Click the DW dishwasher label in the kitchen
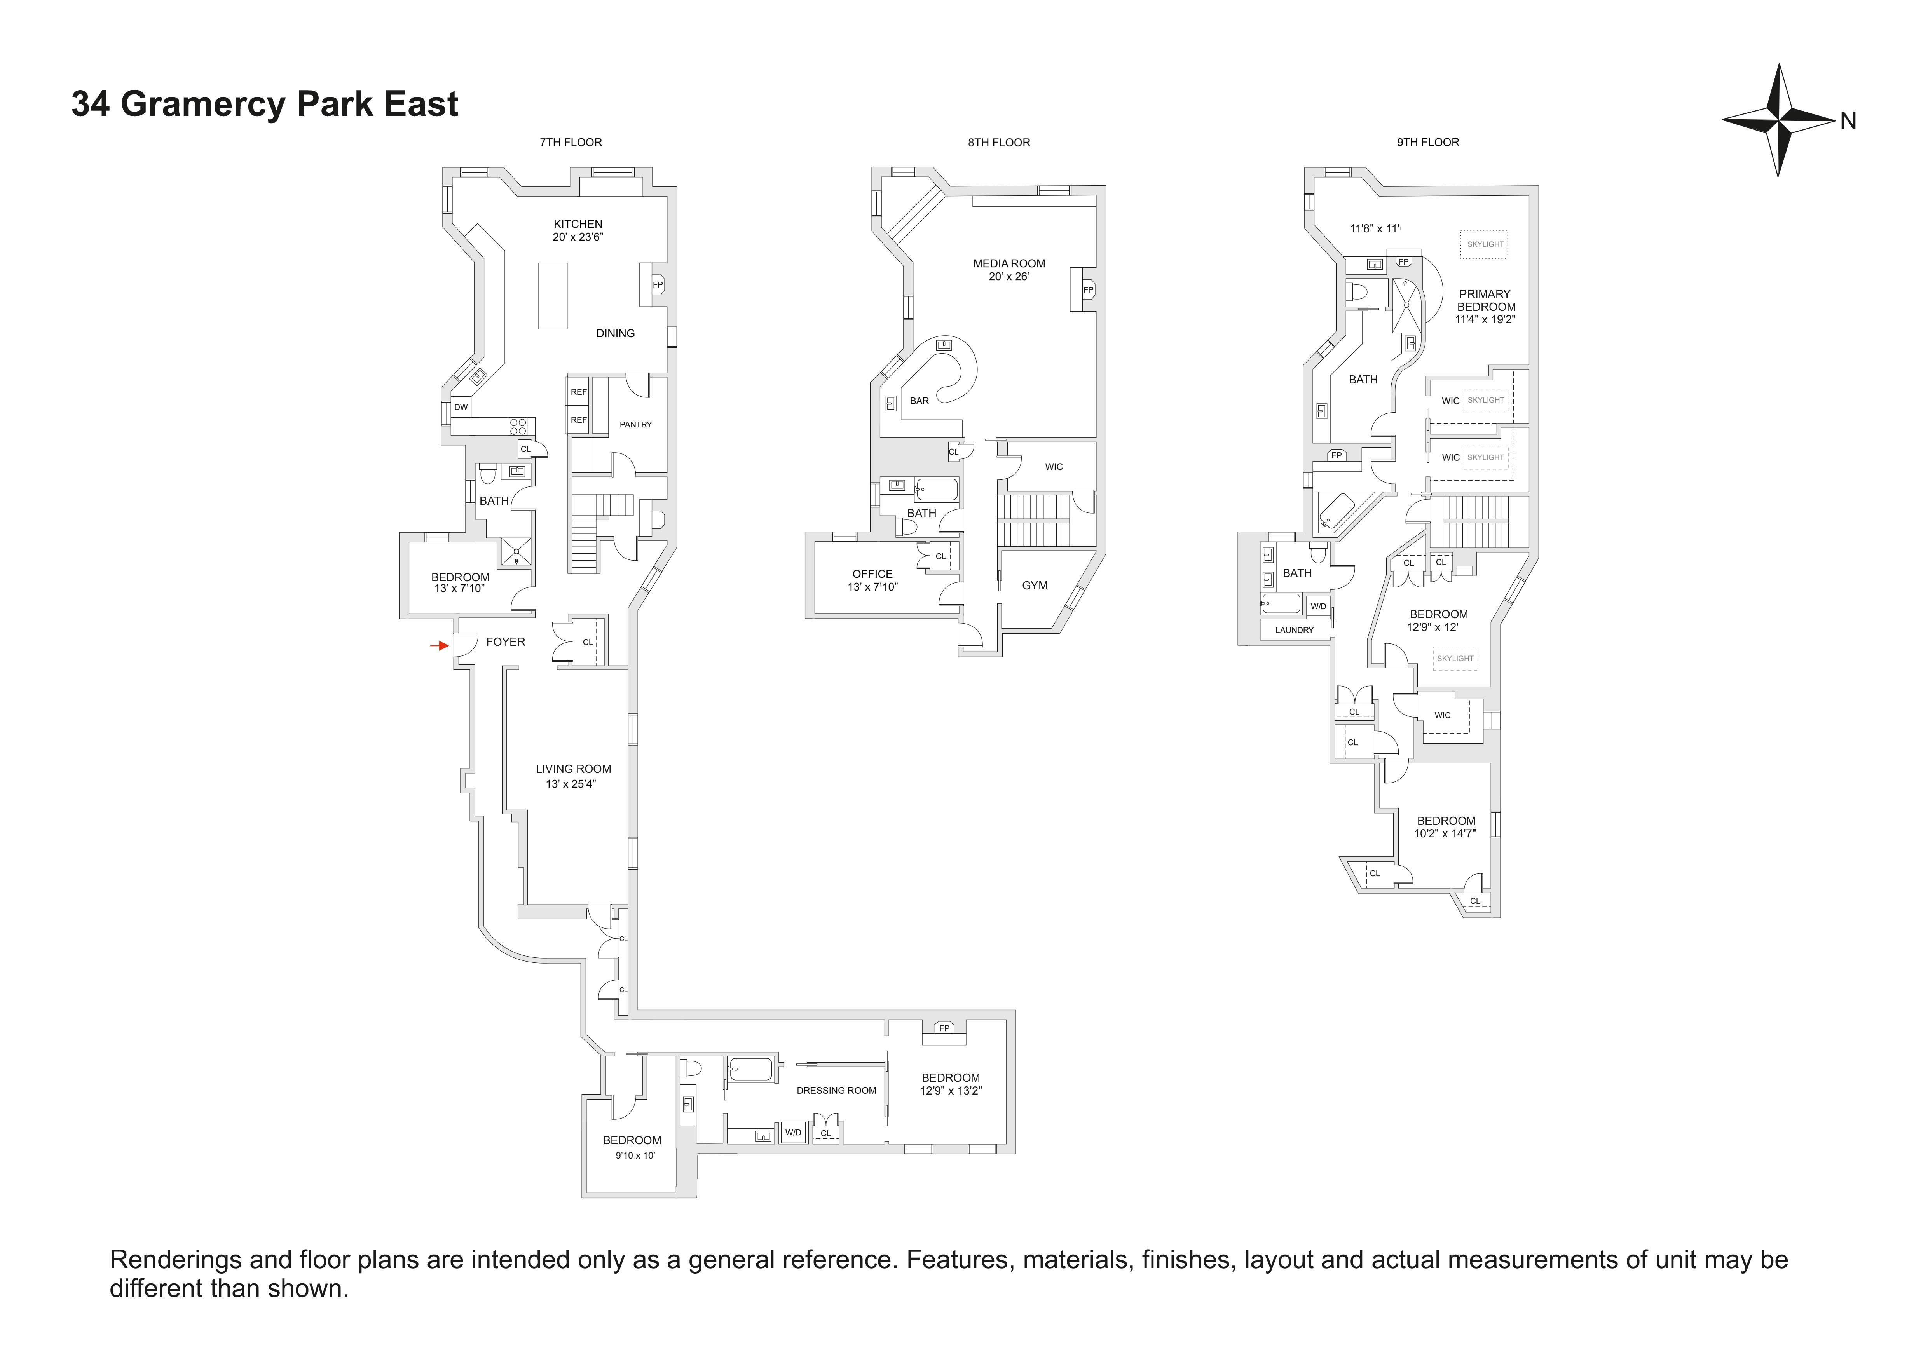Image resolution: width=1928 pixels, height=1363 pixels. pyautogui.click(x=460, y=407)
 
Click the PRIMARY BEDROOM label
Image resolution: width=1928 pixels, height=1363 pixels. pyautogui.click(x=1485, y=300)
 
